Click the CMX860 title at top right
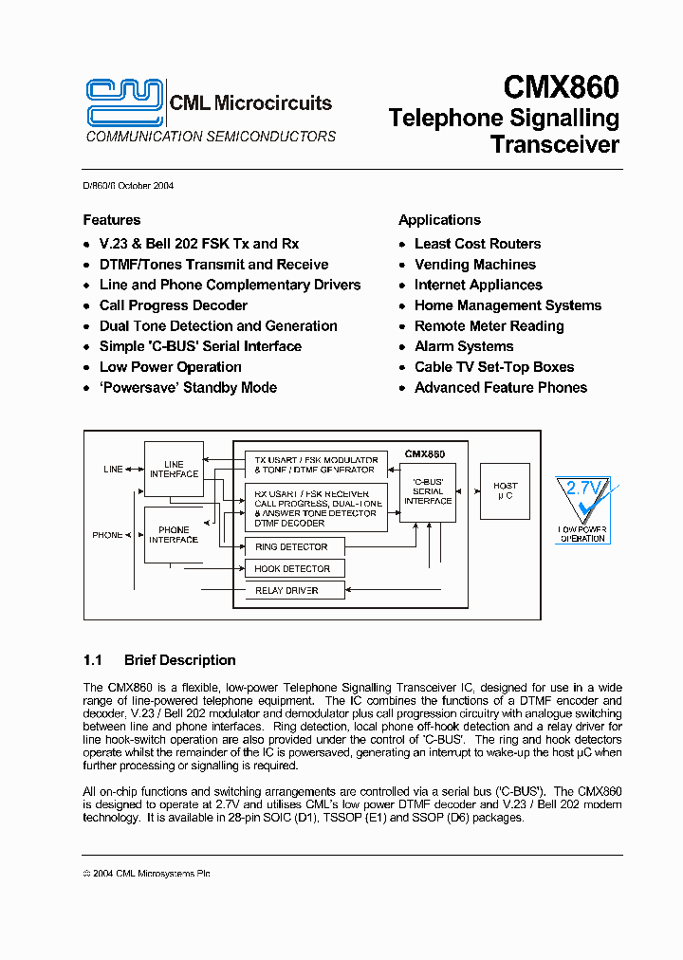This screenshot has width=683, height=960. pos(561,88)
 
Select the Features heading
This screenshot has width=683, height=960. pos(111,220)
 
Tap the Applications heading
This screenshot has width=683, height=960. pos(439,220)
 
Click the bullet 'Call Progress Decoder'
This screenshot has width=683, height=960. pos(173,305)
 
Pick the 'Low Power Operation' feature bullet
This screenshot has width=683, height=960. pos(170,367)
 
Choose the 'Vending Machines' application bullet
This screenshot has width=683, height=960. pos(474,265)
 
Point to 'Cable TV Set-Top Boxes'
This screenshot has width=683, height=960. pos(493,367)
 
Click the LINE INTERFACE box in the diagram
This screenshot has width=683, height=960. pos(174,470)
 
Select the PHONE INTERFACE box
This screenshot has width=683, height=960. pos(173,535)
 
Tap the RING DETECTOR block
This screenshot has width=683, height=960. pos(293,547)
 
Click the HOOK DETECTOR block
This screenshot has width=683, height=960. pos(293,569)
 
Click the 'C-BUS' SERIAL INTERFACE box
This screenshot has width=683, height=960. pos(428,492)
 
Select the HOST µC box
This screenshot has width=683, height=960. pos(505,490)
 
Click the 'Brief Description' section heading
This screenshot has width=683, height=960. pos(179,660)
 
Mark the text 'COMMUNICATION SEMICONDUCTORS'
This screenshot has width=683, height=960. pos(211,137)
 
